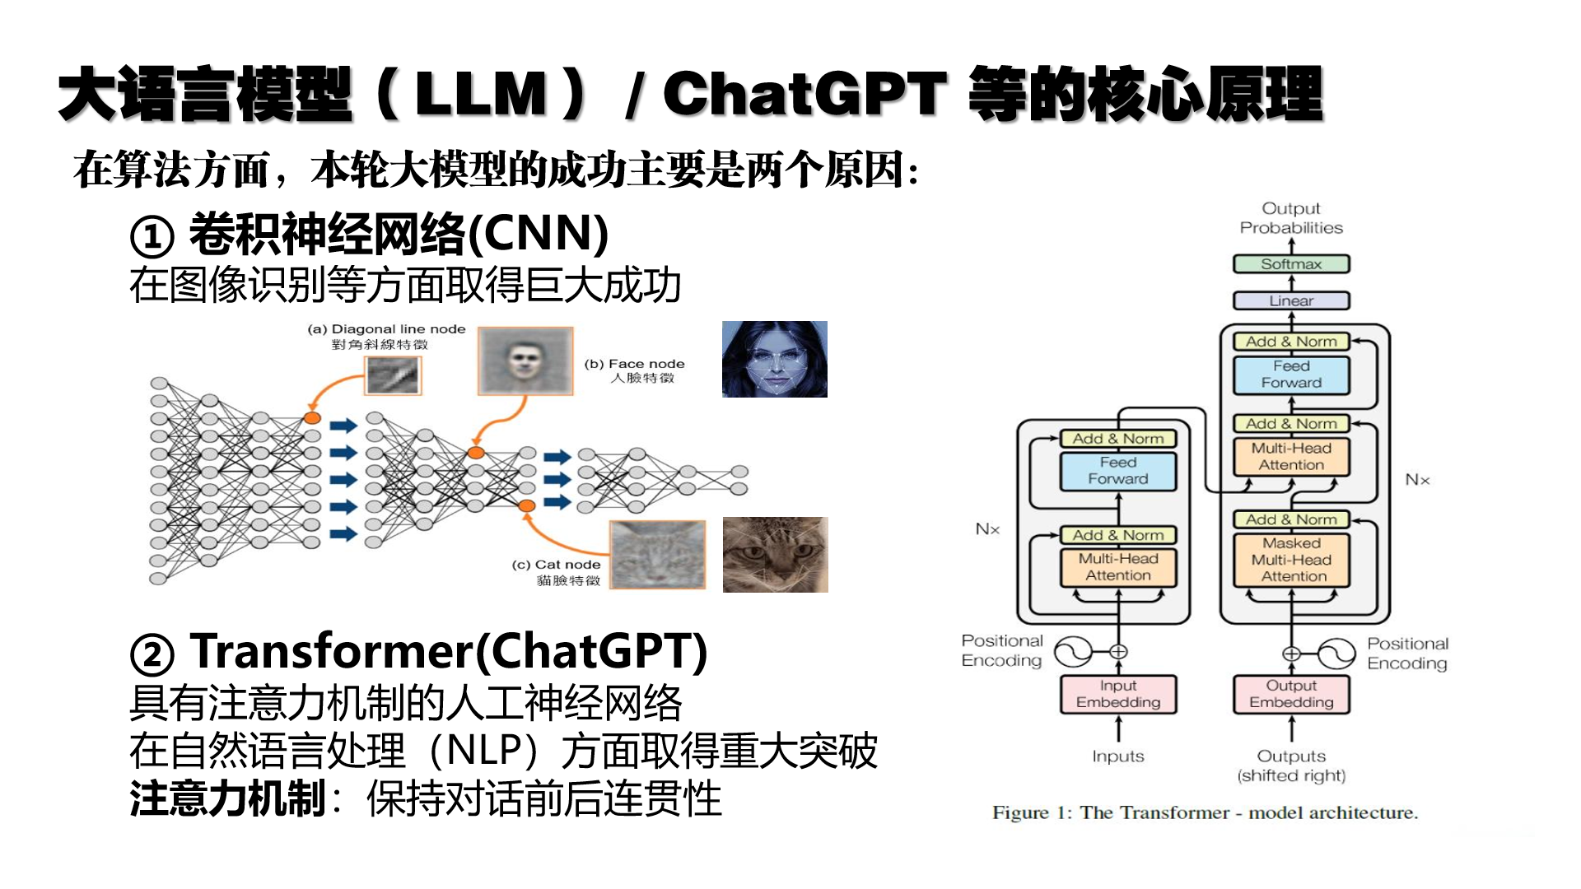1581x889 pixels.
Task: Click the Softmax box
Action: (1291, 264)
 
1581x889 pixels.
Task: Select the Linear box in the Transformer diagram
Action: (1291, 301)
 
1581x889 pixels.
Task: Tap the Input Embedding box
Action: (1117, 694)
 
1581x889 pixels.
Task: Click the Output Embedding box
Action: (1291, 694)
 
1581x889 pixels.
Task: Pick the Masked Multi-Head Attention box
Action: (1291, 560)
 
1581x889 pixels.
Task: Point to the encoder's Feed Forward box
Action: (1117, 471)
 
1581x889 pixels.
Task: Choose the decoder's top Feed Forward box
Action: (1291, 375)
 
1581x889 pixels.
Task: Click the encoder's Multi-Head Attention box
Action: (1117, 567)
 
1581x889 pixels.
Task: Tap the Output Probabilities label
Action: (1291, 218)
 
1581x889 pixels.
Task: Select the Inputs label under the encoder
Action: (1117, 756)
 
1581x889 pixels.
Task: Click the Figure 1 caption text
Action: (1205, 813)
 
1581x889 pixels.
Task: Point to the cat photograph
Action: (775, 555)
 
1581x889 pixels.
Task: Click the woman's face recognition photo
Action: (774, 360)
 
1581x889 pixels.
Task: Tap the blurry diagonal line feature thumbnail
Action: (393, 375)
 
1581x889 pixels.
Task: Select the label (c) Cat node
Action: (556, 565)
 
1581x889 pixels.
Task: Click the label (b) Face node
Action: (634, 364)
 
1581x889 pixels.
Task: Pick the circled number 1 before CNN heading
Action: (152, 237)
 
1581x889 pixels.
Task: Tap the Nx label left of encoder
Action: (987, 529)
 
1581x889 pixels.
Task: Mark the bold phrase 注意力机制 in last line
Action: (227, 799)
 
